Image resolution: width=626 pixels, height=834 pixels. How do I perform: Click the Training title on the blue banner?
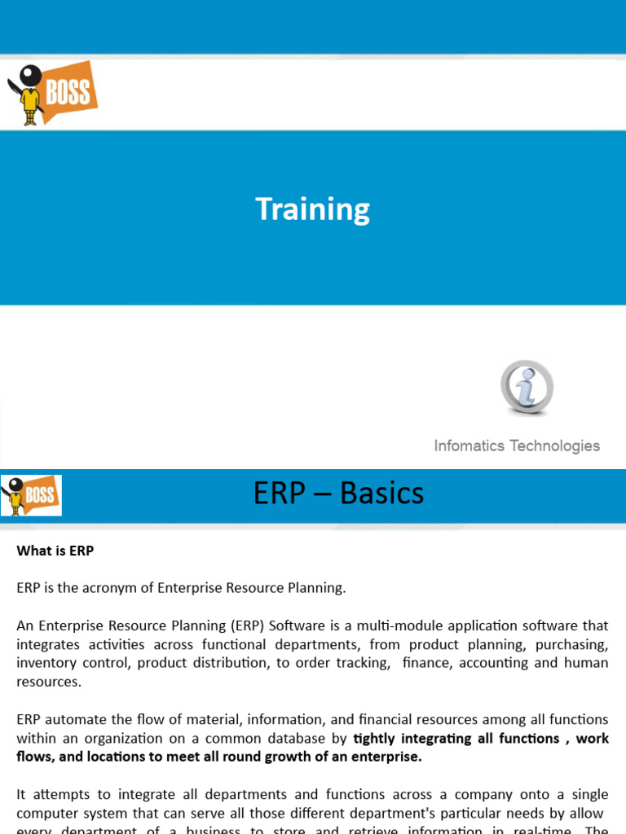click(313, 209)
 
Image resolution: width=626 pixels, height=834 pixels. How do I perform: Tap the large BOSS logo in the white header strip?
click(54, 94)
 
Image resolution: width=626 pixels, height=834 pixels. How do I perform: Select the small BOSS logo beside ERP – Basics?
click(31, 494)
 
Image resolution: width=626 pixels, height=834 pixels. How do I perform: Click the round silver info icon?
click(527, 387)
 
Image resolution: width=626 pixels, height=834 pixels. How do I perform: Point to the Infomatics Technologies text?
click(517, 446)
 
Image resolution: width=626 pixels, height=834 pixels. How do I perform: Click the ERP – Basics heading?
click(338, 493)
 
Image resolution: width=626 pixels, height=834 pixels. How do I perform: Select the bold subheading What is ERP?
click(55, 551)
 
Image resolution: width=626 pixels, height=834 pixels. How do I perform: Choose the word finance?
click(425, 663)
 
